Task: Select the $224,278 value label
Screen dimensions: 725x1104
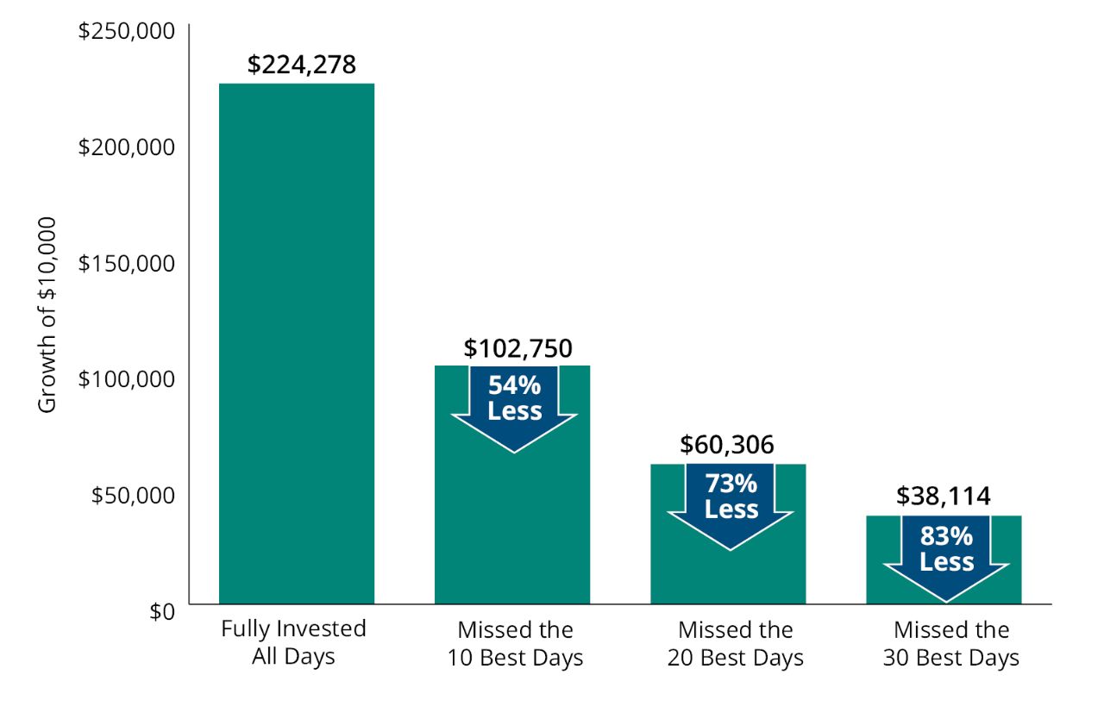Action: pyautogui.click(x=301, y=65)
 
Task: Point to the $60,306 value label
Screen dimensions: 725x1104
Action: pyautogui.click(x=727, y=445)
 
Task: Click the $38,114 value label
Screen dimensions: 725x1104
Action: pyautogui.click(x=944, y=496)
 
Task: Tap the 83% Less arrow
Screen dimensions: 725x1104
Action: pyautogui.click(x=946, y=553)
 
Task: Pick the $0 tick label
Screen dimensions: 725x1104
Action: pyautogui.click(x=161, y=611)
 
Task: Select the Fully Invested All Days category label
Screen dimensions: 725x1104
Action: pyautogui.click(x=293, y=642)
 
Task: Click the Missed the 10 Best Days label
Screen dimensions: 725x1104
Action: pyautogui.click(x=515, y=644)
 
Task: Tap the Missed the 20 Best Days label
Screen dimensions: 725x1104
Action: pyautogui.click(x=735, y=644)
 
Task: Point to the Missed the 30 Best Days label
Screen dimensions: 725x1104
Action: pyautogui.click(x=950, y=644)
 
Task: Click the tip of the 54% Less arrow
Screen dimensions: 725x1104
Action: pyautogui.click(x=514, y=451)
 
